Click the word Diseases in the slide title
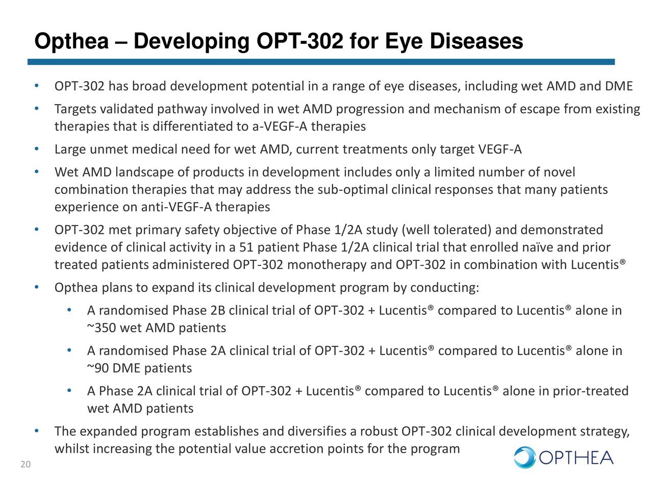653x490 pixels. pos(476,41)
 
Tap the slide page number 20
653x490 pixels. pos(26,464)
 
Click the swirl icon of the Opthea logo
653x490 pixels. pos(524,457)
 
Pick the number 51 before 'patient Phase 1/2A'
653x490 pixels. pos(246,248)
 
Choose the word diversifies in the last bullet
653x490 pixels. pos(317,432)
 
